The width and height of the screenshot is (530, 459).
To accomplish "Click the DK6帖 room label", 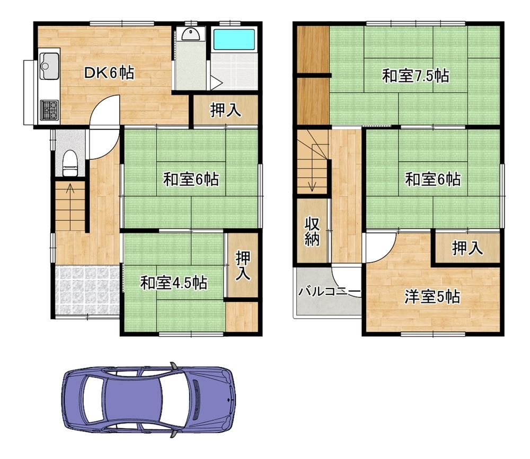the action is [x=109, y=73].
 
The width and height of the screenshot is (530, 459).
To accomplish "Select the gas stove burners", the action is [x=49, y=110].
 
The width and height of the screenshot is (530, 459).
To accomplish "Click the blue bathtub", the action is [x=234, y=40].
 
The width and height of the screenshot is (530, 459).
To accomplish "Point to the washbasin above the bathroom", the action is [x=190, y=34].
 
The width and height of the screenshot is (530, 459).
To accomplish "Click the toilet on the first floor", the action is [x=70, y=164].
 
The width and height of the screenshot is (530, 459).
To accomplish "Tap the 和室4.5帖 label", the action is [x=174, y=283].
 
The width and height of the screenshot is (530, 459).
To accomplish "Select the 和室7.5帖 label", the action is [x=416, y=76].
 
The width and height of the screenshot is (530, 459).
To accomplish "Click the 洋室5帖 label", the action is [x=432, y=297].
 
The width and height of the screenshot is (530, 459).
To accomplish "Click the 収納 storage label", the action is [x=312, y=232].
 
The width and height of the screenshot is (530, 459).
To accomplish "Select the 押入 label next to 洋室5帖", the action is [x=467, y=248].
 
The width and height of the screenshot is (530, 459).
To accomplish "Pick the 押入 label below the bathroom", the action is [x=225, y=110].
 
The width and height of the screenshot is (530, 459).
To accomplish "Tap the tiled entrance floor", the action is [x=87, y=291].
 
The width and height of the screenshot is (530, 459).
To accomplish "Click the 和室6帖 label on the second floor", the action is [x=432, y=179].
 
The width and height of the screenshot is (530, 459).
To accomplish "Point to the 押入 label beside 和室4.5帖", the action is [x=243, y=265].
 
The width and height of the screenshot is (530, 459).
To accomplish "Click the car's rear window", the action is [x=93, y=399].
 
